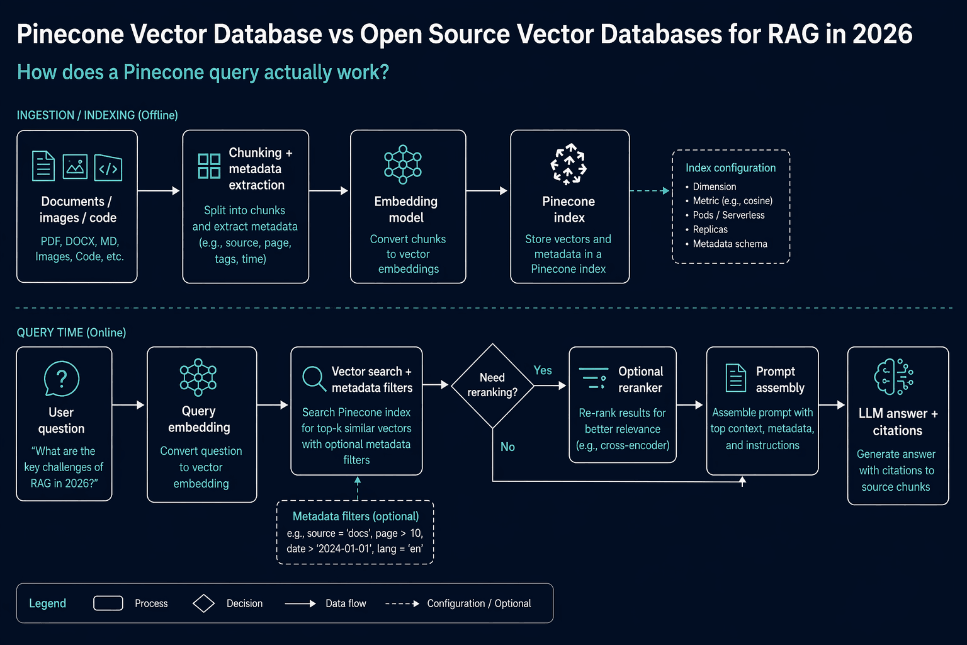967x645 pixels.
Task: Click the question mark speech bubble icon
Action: [62, 379]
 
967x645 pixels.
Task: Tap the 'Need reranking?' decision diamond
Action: [492, 385]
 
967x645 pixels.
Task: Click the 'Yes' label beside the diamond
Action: [543, 370]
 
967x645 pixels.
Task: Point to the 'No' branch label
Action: [507, 447]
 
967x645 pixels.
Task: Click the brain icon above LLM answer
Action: [893, 377]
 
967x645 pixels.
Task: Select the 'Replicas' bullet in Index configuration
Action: [710, 229]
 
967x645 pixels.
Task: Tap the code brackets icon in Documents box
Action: [108, 167]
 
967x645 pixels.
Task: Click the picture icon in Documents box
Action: [75, 166]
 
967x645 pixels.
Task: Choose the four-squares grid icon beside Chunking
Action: [210, 166]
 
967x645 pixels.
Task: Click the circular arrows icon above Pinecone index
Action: [568, 164]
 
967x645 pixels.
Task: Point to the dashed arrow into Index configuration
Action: [650, 190]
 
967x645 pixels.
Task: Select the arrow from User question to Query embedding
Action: [128, 405]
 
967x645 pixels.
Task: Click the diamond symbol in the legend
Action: [204, 603]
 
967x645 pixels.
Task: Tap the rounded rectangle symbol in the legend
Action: [108, 603]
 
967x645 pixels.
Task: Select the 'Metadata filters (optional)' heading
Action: [356, 517]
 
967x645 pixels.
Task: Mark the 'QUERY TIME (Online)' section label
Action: [71, 333]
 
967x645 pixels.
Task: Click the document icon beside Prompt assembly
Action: [735, 378]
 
